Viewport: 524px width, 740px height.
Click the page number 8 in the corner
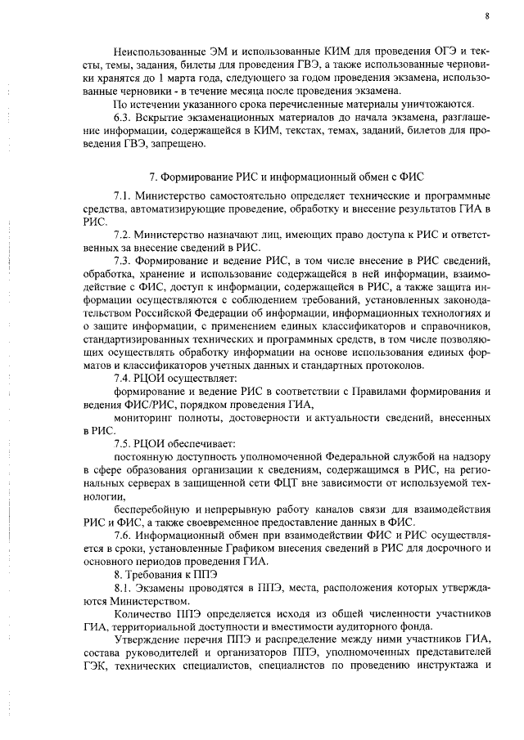tap(486, 16)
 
